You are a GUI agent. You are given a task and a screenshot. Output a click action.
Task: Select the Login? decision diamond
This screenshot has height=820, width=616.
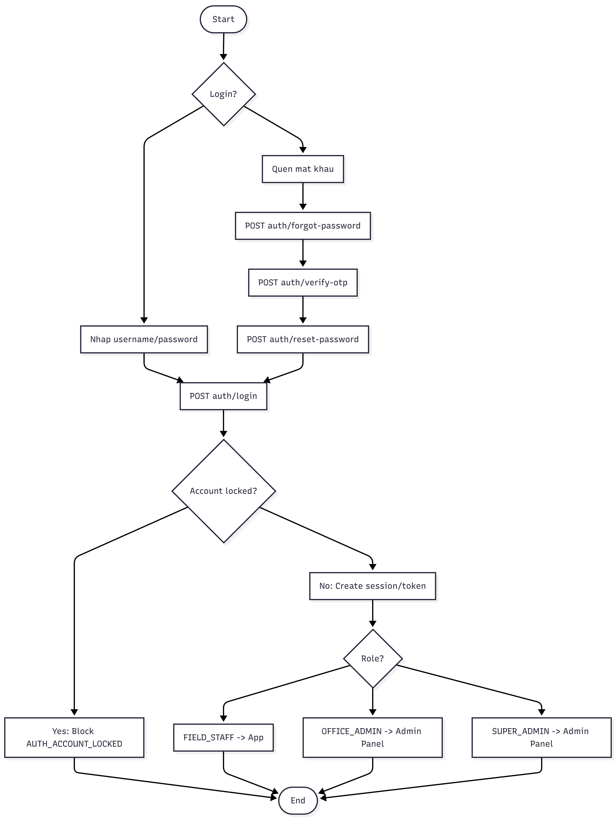pyautogui.click(x=224, y=94)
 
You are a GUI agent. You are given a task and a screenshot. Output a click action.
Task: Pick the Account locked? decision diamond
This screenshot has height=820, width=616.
pyautogui.click(x=224, y=491)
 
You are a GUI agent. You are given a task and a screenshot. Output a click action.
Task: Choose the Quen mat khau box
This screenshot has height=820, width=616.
pyautogui.click(x=303, y=169)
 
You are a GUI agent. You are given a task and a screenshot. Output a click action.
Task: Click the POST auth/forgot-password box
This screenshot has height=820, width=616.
pyautogui.click(x=303, y=226)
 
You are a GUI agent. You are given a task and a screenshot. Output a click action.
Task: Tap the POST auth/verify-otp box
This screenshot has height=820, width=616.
pyautogui.click(x=303, y=282)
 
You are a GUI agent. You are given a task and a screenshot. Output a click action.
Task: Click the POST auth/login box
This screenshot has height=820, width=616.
pyautogui.click(x=224, y=396)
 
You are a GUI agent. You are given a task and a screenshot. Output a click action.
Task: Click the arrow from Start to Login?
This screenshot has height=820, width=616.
pyautogui.click(x=224, y=46)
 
